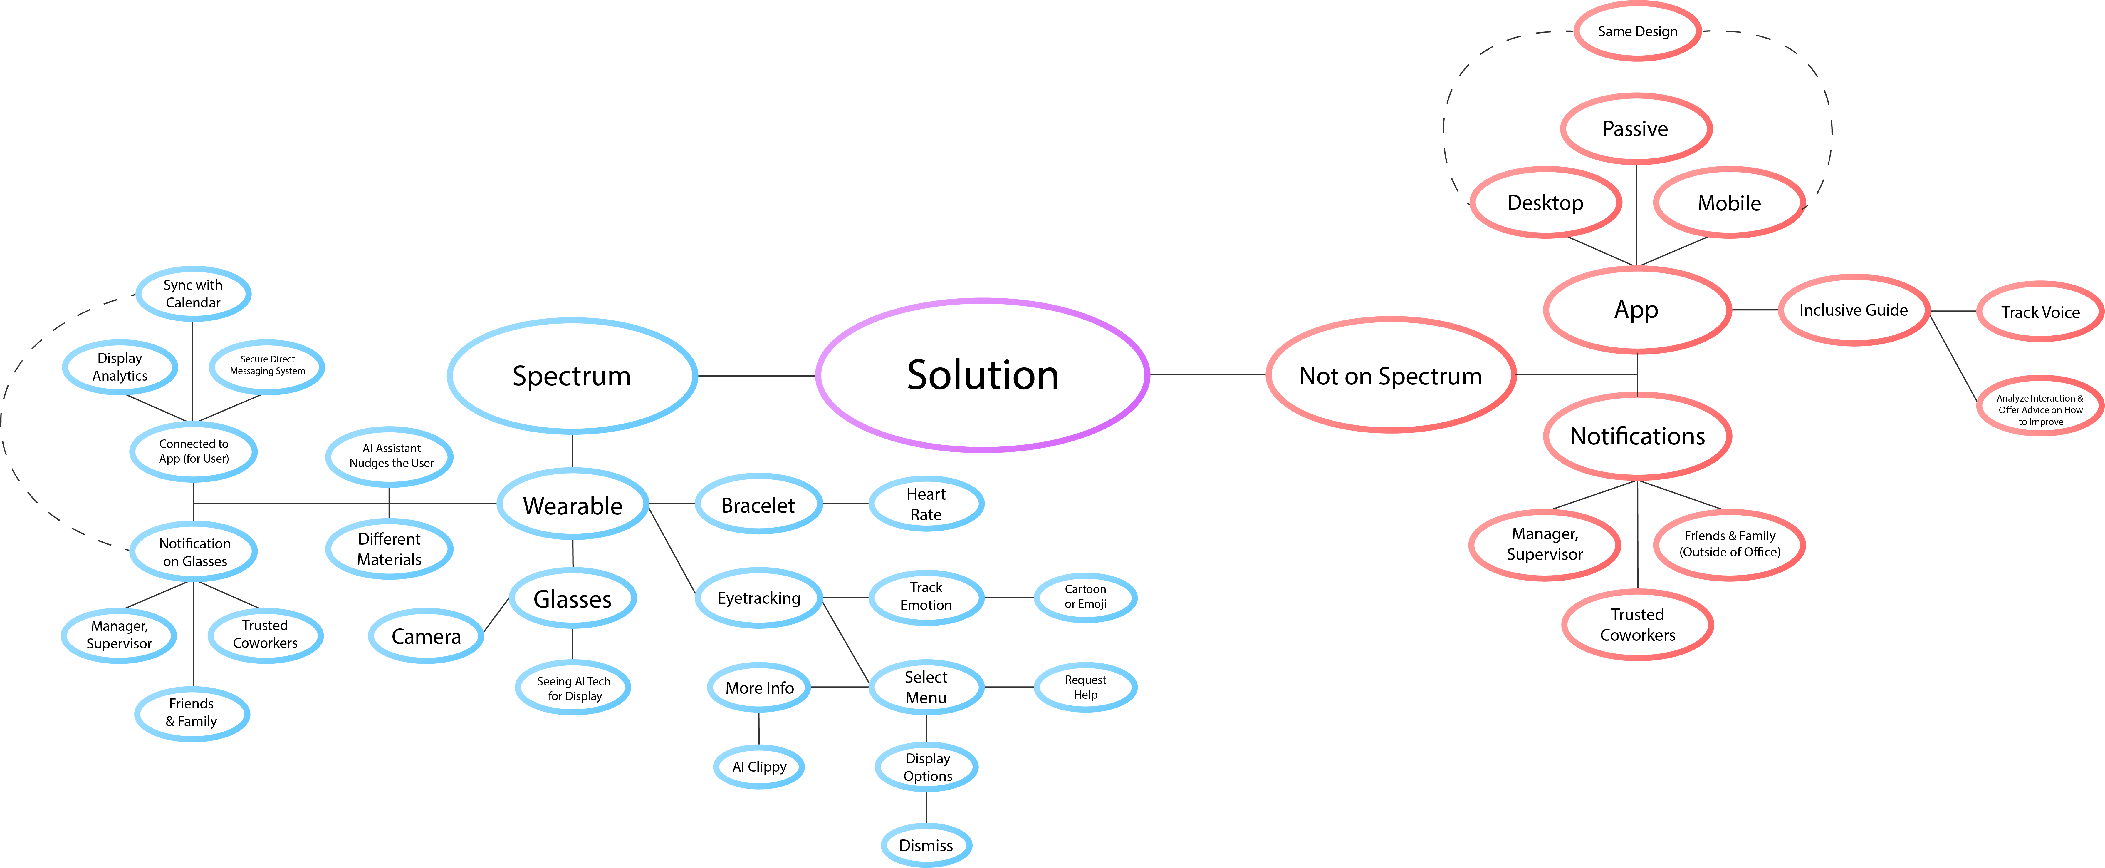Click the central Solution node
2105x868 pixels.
click(x=982, y=375)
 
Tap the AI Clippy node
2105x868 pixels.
click(x=759, y=767)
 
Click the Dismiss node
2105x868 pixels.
click(x=926, y=845)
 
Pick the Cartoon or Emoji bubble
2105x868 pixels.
click(x=1085, y=597)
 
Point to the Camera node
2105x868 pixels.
click(x=426, y=636)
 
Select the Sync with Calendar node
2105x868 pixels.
click(x=193, y=293)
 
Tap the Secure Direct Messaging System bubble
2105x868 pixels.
click(x=267, y=365)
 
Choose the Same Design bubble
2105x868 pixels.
click(x=1638, y=31)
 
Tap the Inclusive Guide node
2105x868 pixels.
click(x=1853, y=310)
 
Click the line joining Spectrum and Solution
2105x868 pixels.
click(x=756, y=376)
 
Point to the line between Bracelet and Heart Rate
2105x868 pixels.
click(x=845, y=504)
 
